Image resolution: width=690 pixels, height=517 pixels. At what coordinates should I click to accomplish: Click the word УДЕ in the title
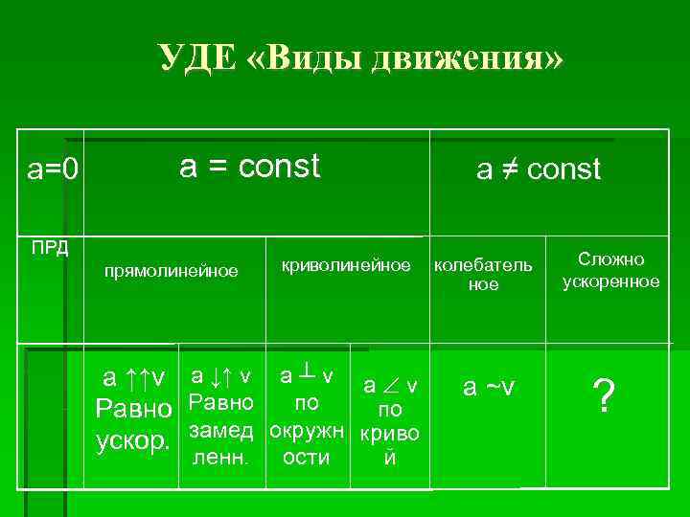196,57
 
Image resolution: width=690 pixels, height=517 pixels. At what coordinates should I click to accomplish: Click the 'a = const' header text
249,167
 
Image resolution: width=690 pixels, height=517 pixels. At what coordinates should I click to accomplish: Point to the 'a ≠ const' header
539,170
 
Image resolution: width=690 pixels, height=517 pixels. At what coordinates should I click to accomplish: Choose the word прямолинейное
171,271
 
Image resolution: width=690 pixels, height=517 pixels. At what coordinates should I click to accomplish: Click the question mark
603,393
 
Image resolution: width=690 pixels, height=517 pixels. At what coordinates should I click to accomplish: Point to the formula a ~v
489,387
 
